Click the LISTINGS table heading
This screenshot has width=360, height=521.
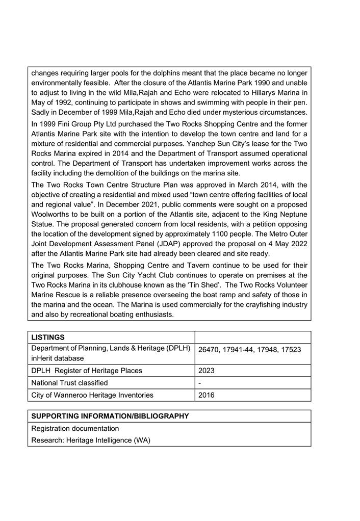[x=48, y=337]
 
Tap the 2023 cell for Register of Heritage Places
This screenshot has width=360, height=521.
[x=207, y=371]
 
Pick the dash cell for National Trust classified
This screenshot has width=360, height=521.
[x=200, y=383]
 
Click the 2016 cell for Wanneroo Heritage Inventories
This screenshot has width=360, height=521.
[x=207, y=395]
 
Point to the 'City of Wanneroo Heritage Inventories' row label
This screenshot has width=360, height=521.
[x=92, y=395]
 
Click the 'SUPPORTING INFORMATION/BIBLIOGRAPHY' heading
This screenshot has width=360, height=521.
[x=110, y=416]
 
